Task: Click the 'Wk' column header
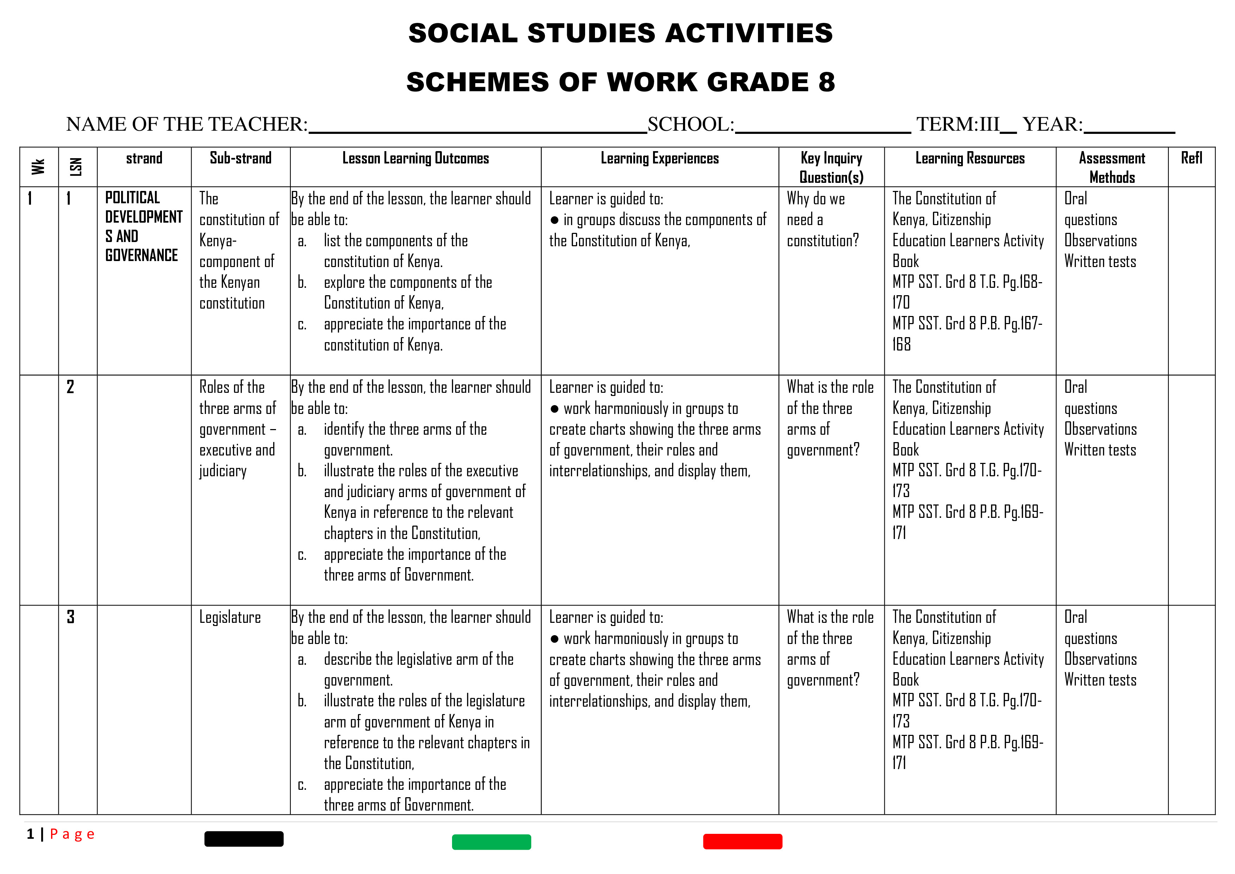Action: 38,167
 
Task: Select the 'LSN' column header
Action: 76,167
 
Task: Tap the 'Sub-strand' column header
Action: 240,158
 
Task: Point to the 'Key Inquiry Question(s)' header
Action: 831,167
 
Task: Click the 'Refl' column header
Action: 1191,158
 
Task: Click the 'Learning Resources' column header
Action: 970,158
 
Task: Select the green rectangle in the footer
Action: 491,842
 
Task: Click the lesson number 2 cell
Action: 70,387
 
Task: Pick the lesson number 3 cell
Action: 70,617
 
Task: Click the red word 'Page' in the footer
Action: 72,834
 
